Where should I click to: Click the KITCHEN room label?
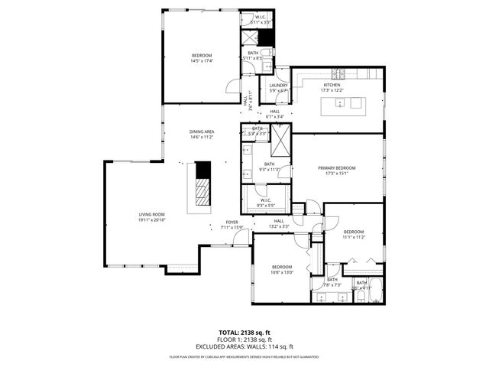click(x=331, y=85)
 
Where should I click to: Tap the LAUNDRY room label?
click(x=278, y=86)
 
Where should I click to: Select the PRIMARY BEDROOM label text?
click(x=337, y=167)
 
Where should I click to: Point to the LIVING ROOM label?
click(x=152, y=215)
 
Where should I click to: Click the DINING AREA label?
click(x=202, y=132)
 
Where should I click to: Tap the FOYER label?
click(x=232, y=222)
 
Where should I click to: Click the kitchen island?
click(x=348, y=104)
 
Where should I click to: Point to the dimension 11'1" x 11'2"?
click(x=353, y=237)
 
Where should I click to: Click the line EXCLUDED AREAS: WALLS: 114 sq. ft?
click(x=244, y=346)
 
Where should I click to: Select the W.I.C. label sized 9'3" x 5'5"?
click(x=265, y=203)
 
